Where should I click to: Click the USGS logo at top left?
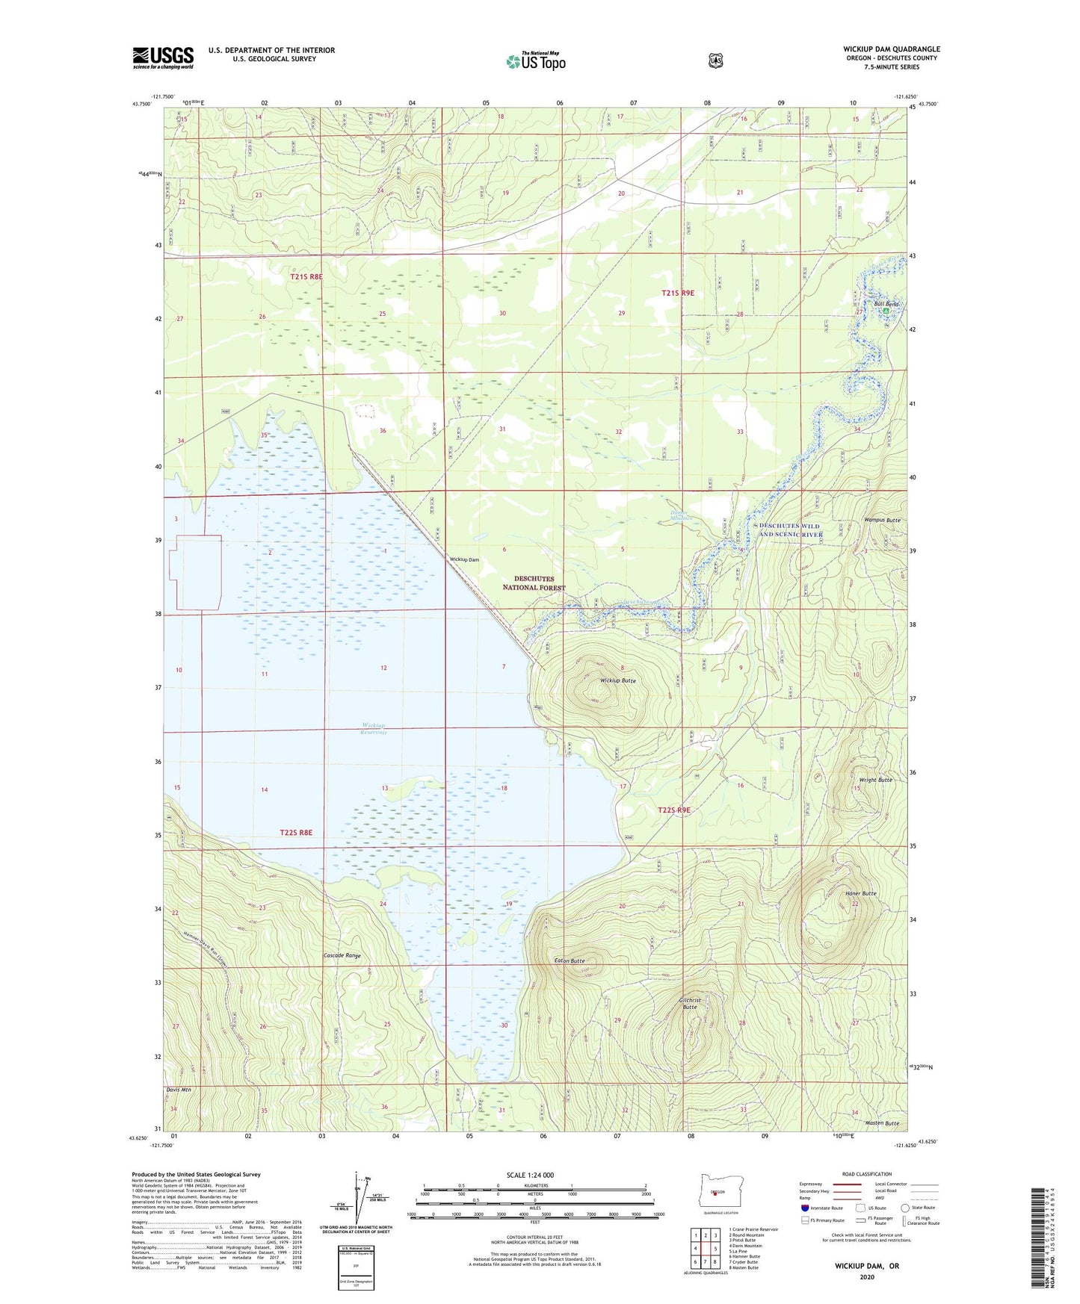tap(163, 58)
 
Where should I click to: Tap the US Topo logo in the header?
tap(536, 61)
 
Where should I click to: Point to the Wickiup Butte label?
tap(618, 681)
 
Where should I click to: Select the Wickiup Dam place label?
tap(464, 559)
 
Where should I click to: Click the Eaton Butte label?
tap(570, 960)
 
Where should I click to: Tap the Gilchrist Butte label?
tap(690, 1003)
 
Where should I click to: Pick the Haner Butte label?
tap(860, 893)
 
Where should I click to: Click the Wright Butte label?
tap(875, 780)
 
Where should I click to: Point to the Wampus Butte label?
tap(882, 520)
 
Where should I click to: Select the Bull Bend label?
tap(886, 305)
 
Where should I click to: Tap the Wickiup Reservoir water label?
tap(374, 728)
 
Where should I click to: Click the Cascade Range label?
tap(342, 955)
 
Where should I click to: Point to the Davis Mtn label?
tap(179, 1090)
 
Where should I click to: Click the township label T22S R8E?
tap(296, 832)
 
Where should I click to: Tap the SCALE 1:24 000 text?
tap(530, 1175)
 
